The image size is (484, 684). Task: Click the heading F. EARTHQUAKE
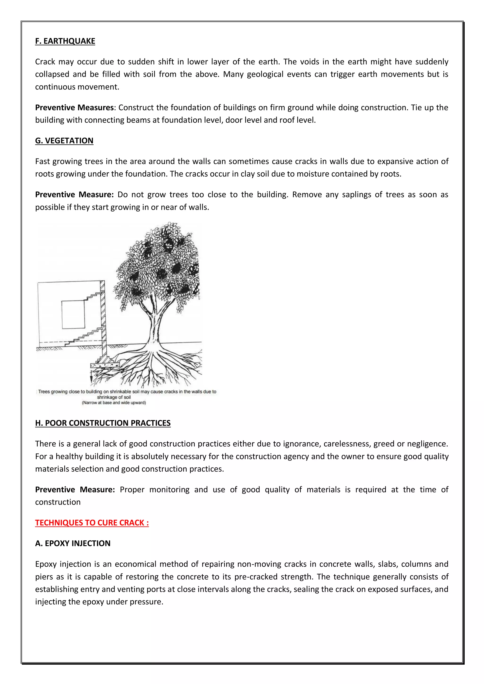click(65, 41)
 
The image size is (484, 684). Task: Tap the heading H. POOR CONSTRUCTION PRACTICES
click(103, 423)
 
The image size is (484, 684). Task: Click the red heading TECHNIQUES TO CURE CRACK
click(92, 523)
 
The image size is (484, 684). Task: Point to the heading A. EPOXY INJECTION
click(73, 543)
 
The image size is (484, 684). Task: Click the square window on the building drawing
click(73, 315)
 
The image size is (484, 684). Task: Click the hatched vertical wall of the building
click(103, 316)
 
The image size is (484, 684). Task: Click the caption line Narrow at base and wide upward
click(114, 403)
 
